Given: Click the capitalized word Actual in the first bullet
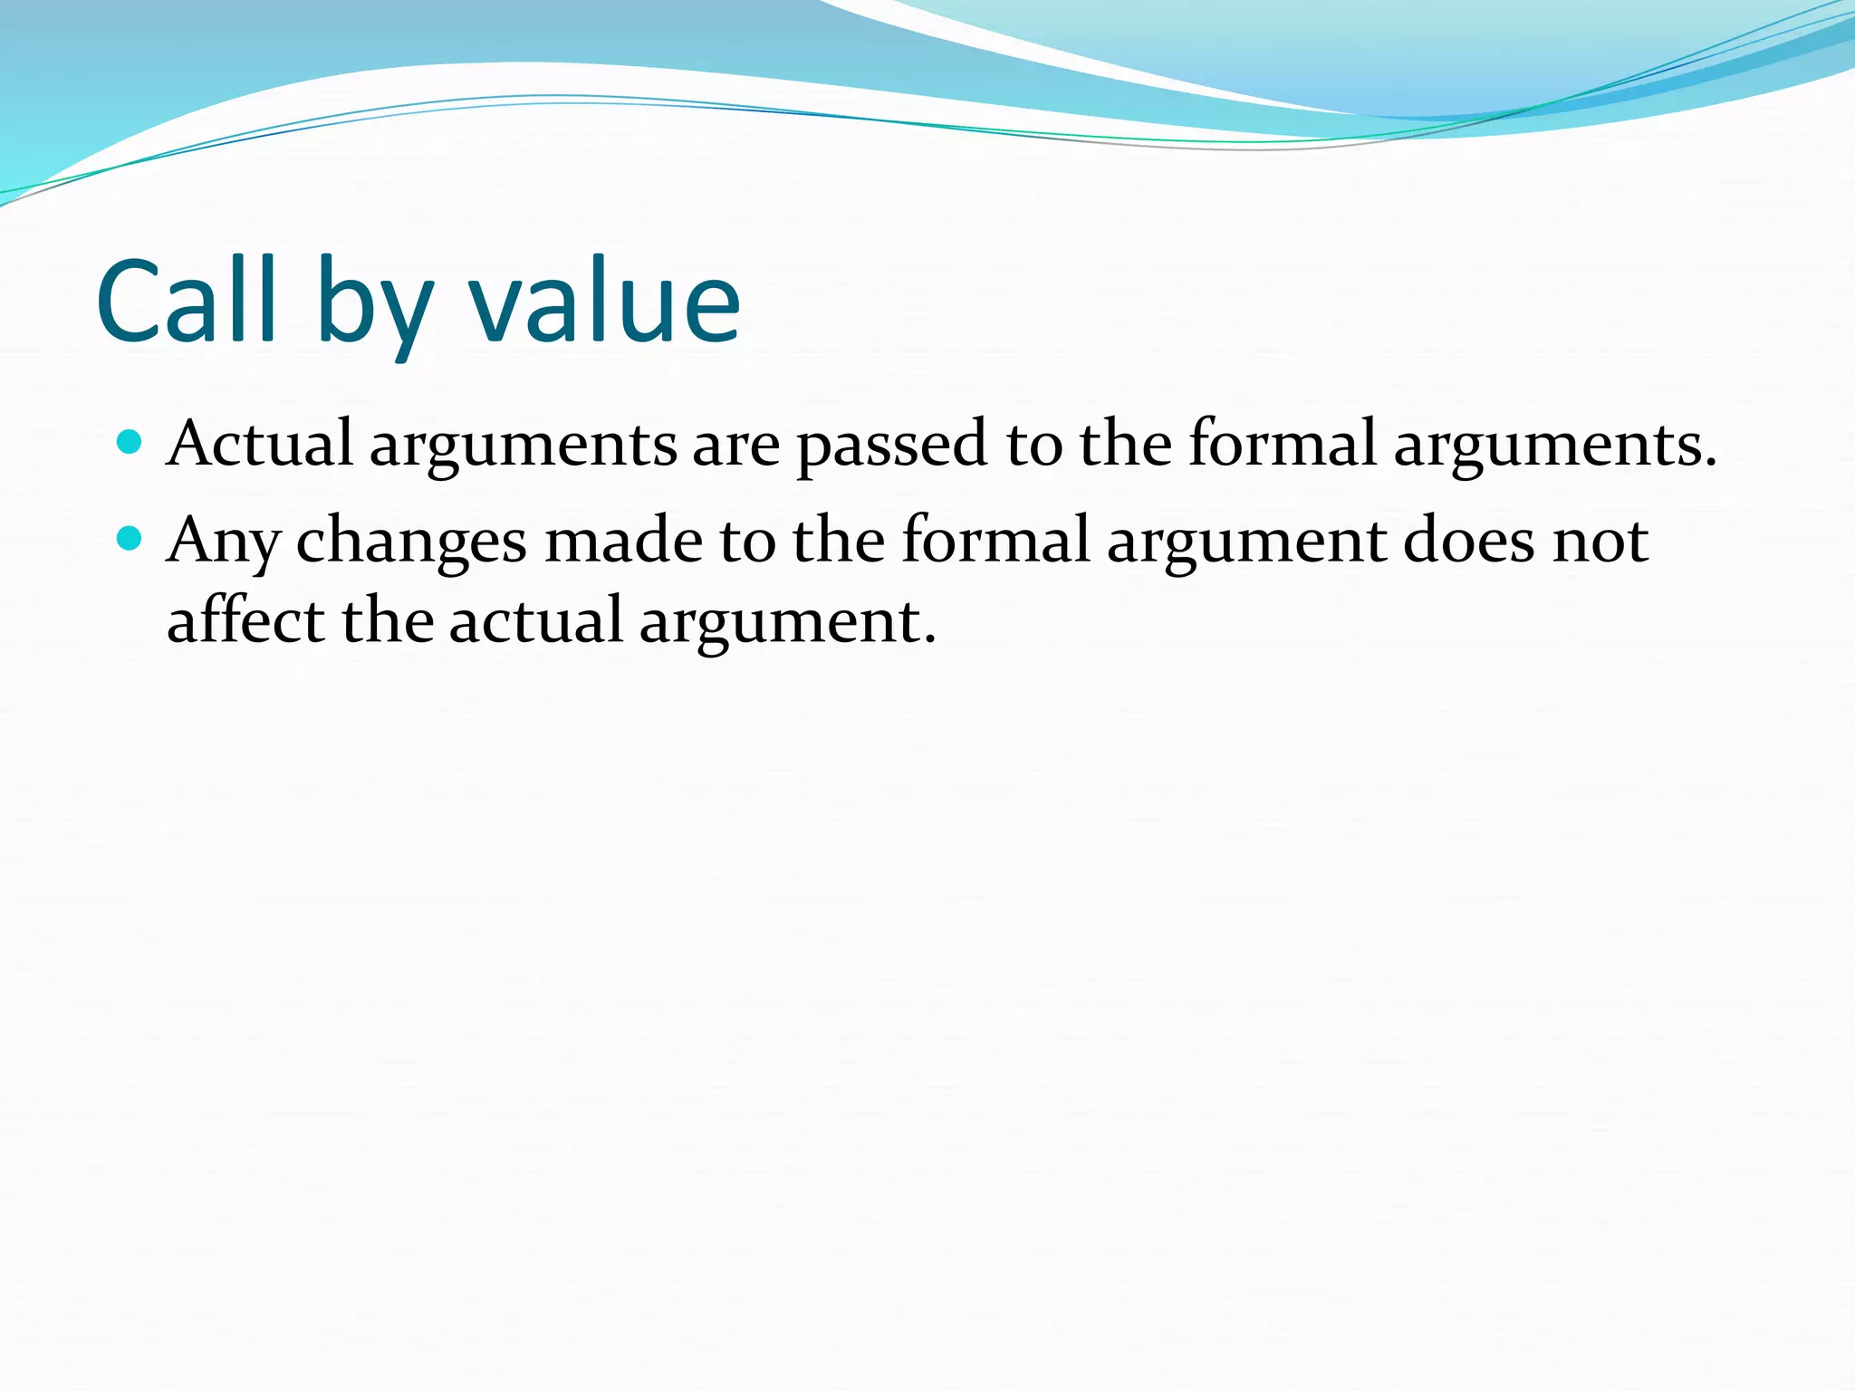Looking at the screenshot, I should pos(260,444).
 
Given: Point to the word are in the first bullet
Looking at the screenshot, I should pos(735,446).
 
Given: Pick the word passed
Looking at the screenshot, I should pos(891,446).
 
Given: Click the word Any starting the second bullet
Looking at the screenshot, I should pos(223,542).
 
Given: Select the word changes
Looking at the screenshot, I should pos(411,542).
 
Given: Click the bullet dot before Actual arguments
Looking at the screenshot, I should pos(130,442).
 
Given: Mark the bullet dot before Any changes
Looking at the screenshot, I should pos(130,539).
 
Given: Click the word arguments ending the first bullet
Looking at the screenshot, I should pos(1554,446).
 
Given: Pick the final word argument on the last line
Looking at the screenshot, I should pos(786,622).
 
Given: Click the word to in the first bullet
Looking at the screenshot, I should pos(1033,446).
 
